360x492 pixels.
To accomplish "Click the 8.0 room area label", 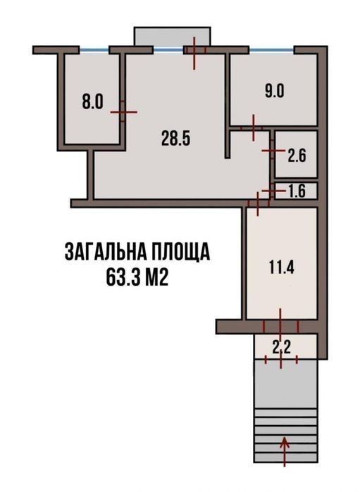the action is pos(93,102).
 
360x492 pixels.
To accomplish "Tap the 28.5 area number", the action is pos(176,139).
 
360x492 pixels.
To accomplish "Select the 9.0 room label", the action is pos(274,92).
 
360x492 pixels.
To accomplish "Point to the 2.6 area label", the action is pos(297,156).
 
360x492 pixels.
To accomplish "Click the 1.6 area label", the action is pos(297,191).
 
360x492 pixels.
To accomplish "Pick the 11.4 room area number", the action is pos(282,267).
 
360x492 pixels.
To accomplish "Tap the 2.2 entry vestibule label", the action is pos(282,347).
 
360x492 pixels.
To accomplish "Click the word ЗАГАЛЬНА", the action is pos(105,251).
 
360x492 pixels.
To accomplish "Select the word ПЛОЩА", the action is pos(182,251).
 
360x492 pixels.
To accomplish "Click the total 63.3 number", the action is pos(123,277).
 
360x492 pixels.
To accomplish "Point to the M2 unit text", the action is pos(156,277).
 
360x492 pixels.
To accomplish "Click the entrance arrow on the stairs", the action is pos(285,451).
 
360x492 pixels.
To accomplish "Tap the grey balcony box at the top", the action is pos(172,37).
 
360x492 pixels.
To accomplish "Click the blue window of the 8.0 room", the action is pos(94,49).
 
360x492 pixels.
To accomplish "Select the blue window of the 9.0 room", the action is pos(272,49).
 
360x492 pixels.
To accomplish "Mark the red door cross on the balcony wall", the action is pos(194,53).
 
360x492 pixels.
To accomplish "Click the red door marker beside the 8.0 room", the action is pos(123,112).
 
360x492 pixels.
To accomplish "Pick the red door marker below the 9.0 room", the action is pos(254,127).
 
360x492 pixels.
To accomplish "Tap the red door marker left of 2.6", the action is pos(273,151).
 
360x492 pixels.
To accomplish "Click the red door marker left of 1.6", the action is pos(272,191).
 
